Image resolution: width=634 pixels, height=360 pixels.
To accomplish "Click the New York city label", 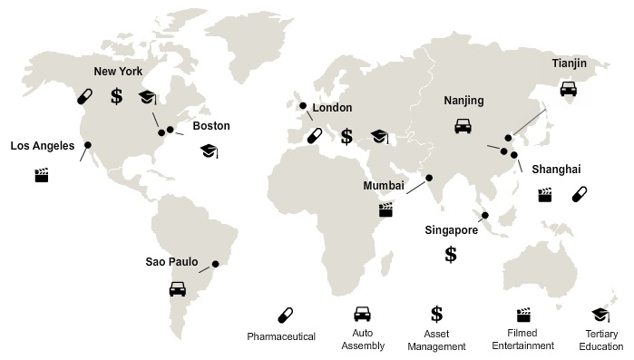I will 118,71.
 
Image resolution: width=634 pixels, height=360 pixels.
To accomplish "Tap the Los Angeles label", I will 43,145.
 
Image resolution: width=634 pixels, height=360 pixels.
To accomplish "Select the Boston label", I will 211,126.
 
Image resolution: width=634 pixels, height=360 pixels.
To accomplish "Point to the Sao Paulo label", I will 173,263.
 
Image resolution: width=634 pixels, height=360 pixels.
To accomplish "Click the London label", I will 332,108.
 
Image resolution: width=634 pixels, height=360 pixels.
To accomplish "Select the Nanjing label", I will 464,101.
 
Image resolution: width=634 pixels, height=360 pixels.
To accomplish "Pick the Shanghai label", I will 556,170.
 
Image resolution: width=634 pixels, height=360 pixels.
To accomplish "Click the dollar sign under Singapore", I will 451,254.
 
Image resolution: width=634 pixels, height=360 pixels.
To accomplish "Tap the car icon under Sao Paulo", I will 178,289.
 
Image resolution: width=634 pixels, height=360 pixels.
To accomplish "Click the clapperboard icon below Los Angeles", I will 41,175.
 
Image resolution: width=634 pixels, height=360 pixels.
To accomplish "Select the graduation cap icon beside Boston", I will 209,150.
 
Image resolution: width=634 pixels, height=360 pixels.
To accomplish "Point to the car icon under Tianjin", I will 568,89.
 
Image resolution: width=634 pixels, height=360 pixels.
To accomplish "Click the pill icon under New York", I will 84,96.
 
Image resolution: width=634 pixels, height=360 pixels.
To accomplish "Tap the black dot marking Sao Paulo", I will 216,265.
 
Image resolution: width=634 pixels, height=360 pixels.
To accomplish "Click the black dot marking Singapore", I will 485,216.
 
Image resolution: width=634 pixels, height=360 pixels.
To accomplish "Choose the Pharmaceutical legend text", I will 281,337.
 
